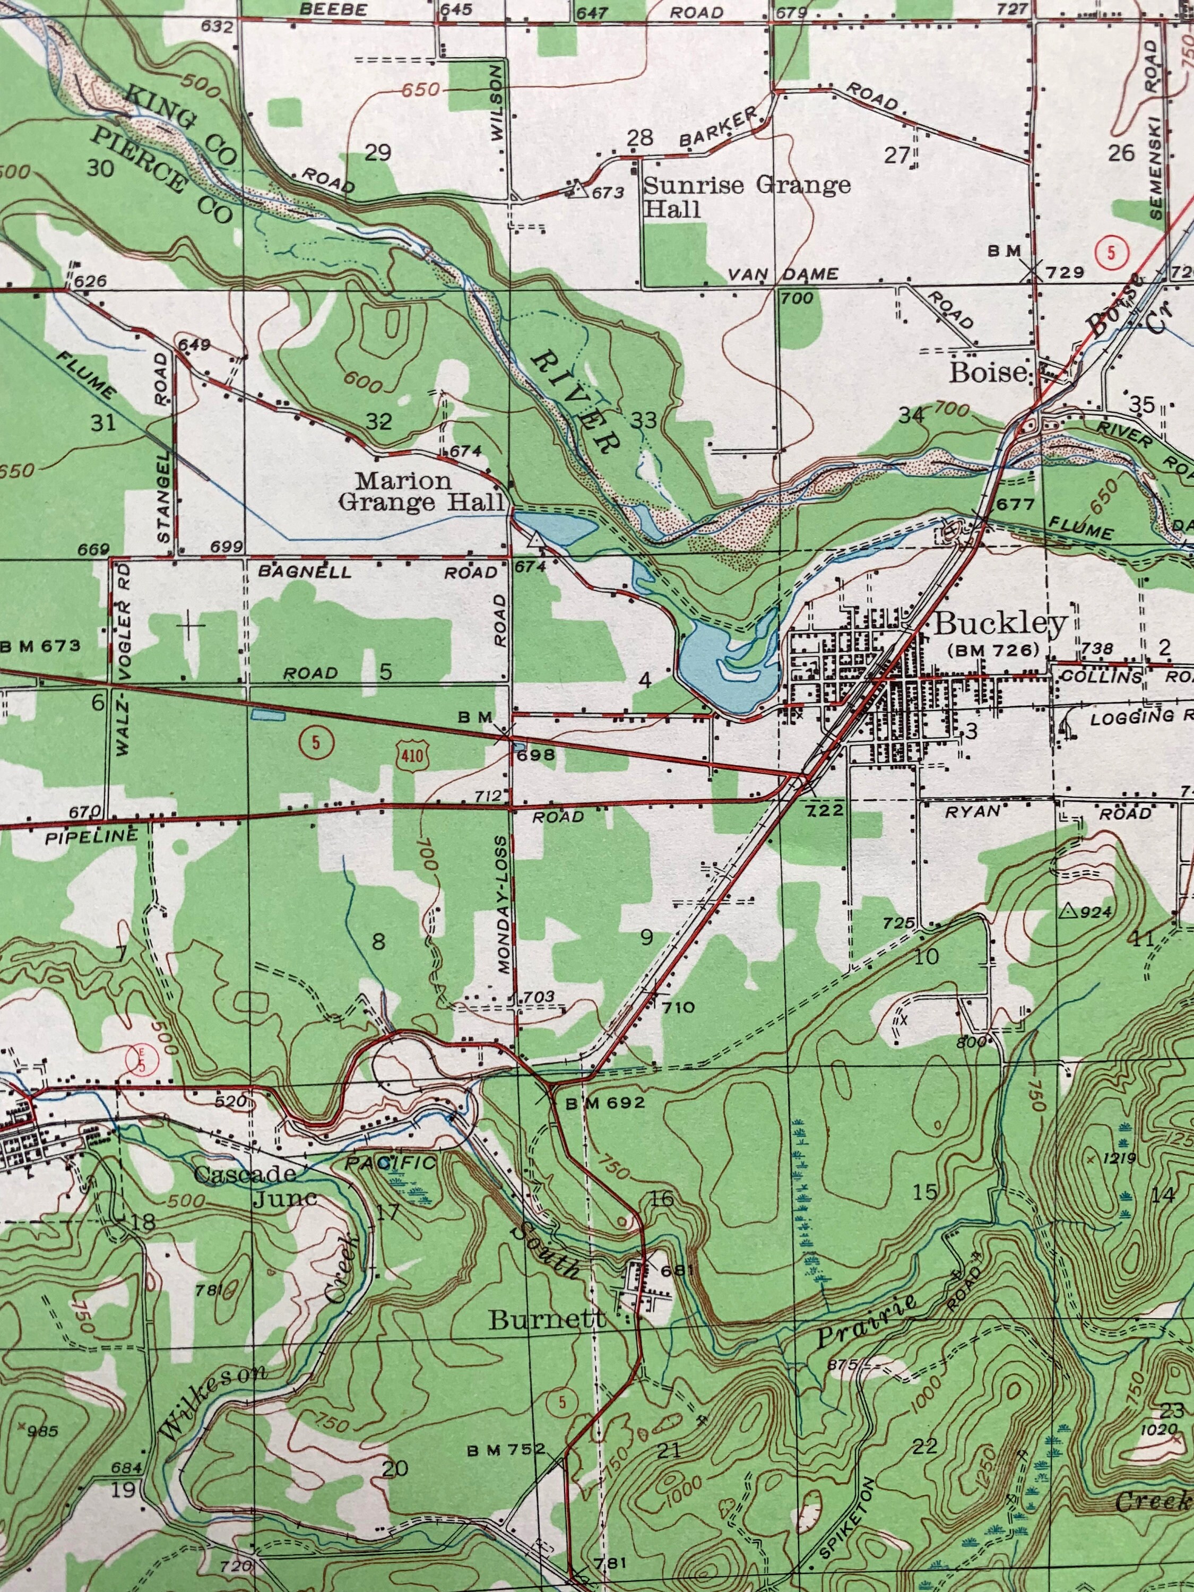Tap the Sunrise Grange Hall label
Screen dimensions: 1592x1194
[746, 196]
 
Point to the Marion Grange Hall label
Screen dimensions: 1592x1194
[421, 491]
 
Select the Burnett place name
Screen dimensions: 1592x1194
[548, 1319]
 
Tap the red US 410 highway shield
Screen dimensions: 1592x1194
[412, 756]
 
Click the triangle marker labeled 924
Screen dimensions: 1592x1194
[1067, 912]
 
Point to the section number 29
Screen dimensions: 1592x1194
[378, 153]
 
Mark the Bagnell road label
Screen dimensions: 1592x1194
[305, 572]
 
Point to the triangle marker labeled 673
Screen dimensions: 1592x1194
[576, 190]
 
